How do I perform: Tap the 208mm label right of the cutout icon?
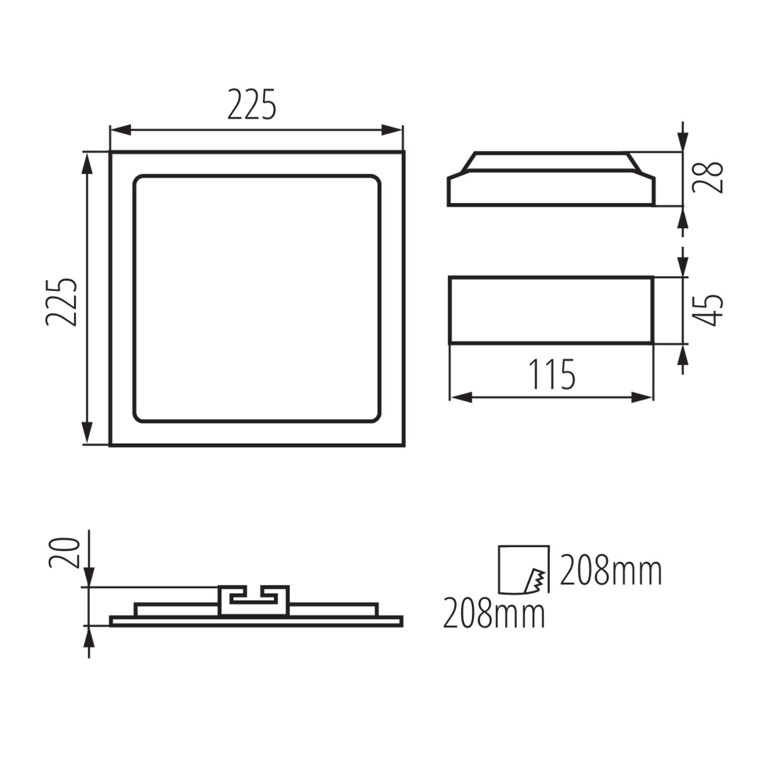tap(610, 571)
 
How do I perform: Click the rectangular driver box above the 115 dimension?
tap(550, 310)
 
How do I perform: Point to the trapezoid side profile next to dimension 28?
tap(550, 180)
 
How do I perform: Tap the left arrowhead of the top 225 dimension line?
tap(119, 131)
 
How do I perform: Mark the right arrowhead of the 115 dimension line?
tap(643, 398)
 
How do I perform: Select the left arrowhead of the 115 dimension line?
tap(459, 398)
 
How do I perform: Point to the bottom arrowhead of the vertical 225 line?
tap(88, 434)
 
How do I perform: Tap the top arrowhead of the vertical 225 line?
tap(88, 162)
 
